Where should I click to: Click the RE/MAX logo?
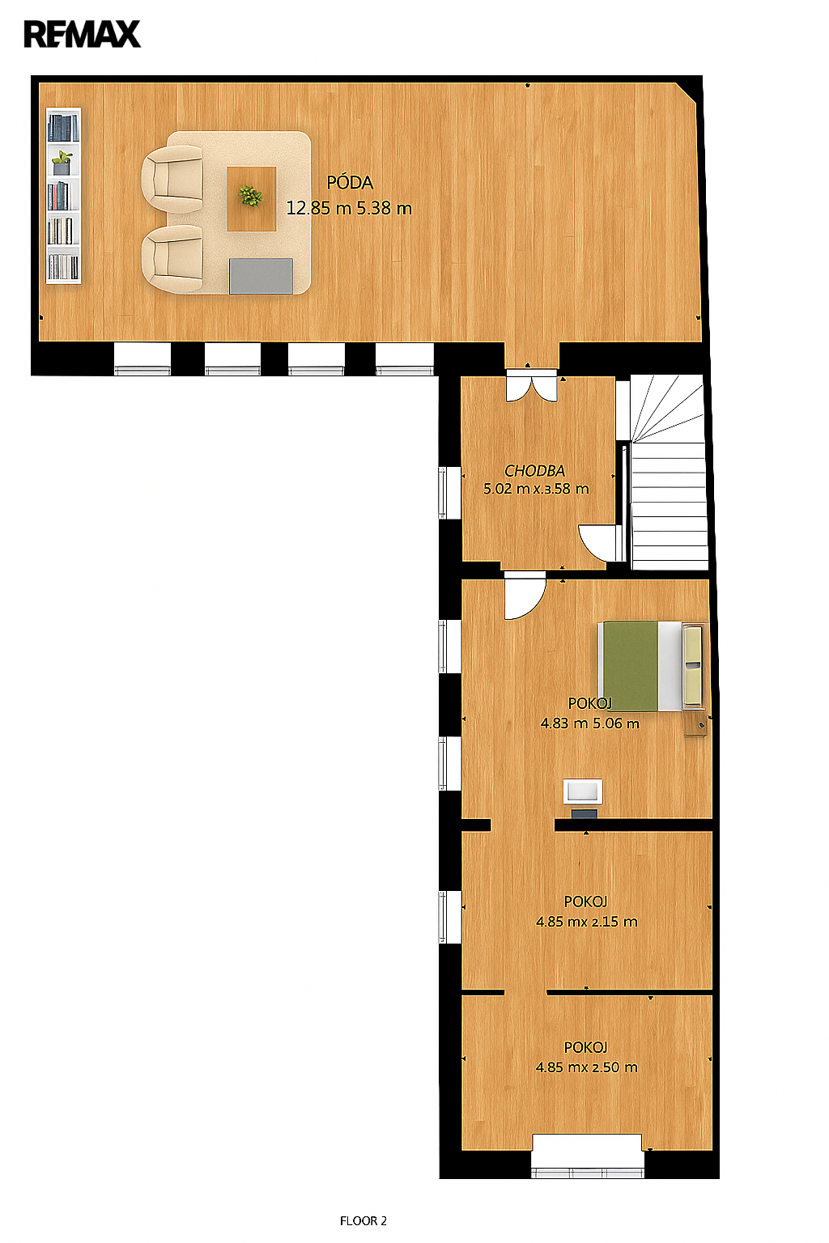pyautogui.click(x=83, y=35)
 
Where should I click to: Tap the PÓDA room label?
pyautogui.click(x=350, y=183)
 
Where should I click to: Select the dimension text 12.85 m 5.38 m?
pyautogui.click(x=349, y=208)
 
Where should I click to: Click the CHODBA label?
pyautogui.click(x=534, y=470)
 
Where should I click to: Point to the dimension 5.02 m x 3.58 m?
pyautogui.click(x=536, y=489)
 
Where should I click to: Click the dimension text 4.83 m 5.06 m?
pyautogui.click(x=589, y=723)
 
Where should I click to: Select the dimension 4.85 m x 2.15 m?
pyautogui.click(x=586, y=922)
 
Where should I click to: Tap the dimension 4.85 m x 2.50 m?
pyautogui.click(x=586, y=1067)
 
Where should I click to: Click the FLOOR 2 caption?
pyautogui.click(x=363, y=1221)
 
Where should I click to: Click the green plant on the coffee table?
pyautogui.click(x=250, y=196)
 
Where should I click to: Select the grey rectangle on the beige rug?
pyautogui.click(x=261, y=276)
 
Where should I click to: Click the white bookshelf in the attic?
pyautogui.click(x=63, y=195)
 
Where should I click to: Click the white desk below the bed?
pyautogui.click(x=583, y=791)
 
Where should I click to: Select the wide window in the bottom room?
pyautogui.click(x=588, y=1156)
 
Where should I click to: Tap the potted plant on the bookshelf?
pyautogui.click(x=62, y=163)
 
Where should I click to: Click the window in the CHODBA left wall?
pyautogui.click(x=443, y=493)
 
